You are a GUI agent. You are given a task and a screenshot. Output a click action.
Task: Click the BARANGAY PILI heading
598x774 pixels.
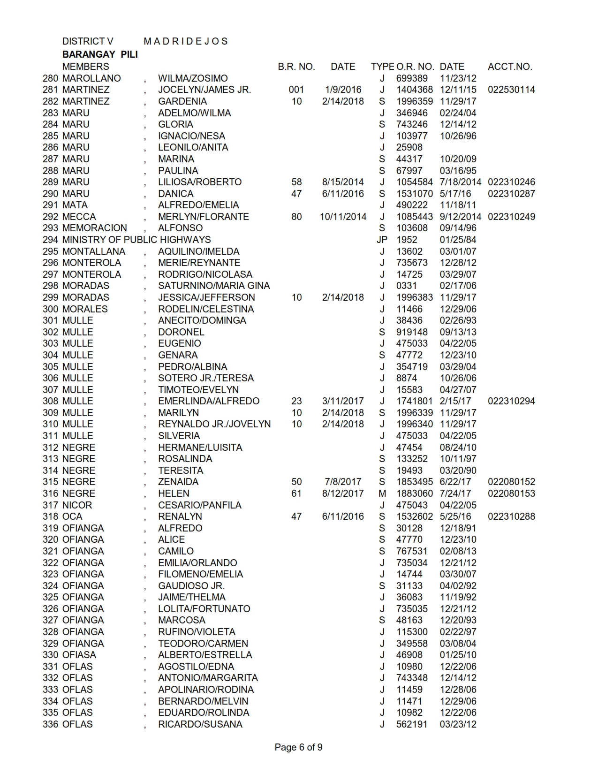(x=100, y=54)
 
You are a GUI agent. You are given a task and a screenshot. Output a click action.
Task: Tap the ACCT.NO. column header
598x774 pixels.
(x=510, y=67)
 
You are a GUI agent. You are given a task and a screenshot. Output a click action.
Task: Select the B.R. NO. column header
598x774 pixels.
(x=296, y=67)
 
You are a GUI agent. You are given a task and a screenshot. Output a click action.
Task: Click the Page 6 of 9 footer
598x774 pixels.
(x=298, y=747)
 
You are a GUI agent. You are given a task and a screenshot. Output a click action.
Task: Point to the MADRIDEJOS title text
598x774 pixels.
(x=186, y=41)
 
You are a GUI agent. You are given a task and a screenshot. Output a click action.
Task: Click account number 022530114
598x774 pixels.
(x=511, y=90)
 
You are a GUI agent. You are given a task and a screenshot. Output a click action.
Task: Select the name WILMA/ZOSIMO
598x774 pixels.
(x=193, y=78)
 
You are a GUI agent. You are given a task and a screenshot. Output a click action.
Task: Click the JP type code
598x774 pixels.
(x=382, y=240)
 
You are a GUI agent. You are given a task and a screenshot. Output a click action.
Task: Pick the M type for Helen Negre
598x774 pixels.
(x=382, y=493)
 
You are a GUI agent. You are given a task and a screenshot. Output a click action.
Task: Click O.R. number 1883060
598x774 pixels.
(x=415, y=493)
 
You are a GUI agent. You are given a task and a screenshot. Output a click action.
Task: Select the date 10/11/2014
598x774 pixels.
(x=343, y=217)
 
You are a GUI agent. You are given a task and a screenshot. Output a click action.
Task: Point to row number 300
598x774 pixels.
(x=50, y=309)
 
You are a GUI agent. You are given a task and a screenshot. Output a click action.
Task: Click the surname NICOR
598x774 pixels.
(x=77, y=505)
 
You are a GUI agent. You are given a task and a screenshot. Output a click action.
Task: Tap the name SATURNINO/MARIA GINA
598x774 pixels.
(x=214, y=286)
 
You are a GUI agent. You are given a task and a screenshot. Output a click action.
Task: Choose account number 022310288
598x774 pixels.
(x=511, y=516)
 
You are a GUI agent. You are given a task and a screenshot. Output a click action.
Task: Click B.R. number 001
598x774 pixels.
(x=296, y=90)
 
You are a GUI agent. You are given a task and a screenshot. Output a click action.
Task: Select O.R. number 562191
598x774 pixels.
(x=412, y=724)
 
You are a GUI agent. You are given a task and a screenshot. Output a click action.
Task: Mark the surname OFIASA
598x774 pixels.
(x=79, y=655)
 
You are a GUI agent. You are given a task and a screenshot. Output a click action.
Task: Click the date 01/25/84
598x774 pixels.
(x=458, y=240)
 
